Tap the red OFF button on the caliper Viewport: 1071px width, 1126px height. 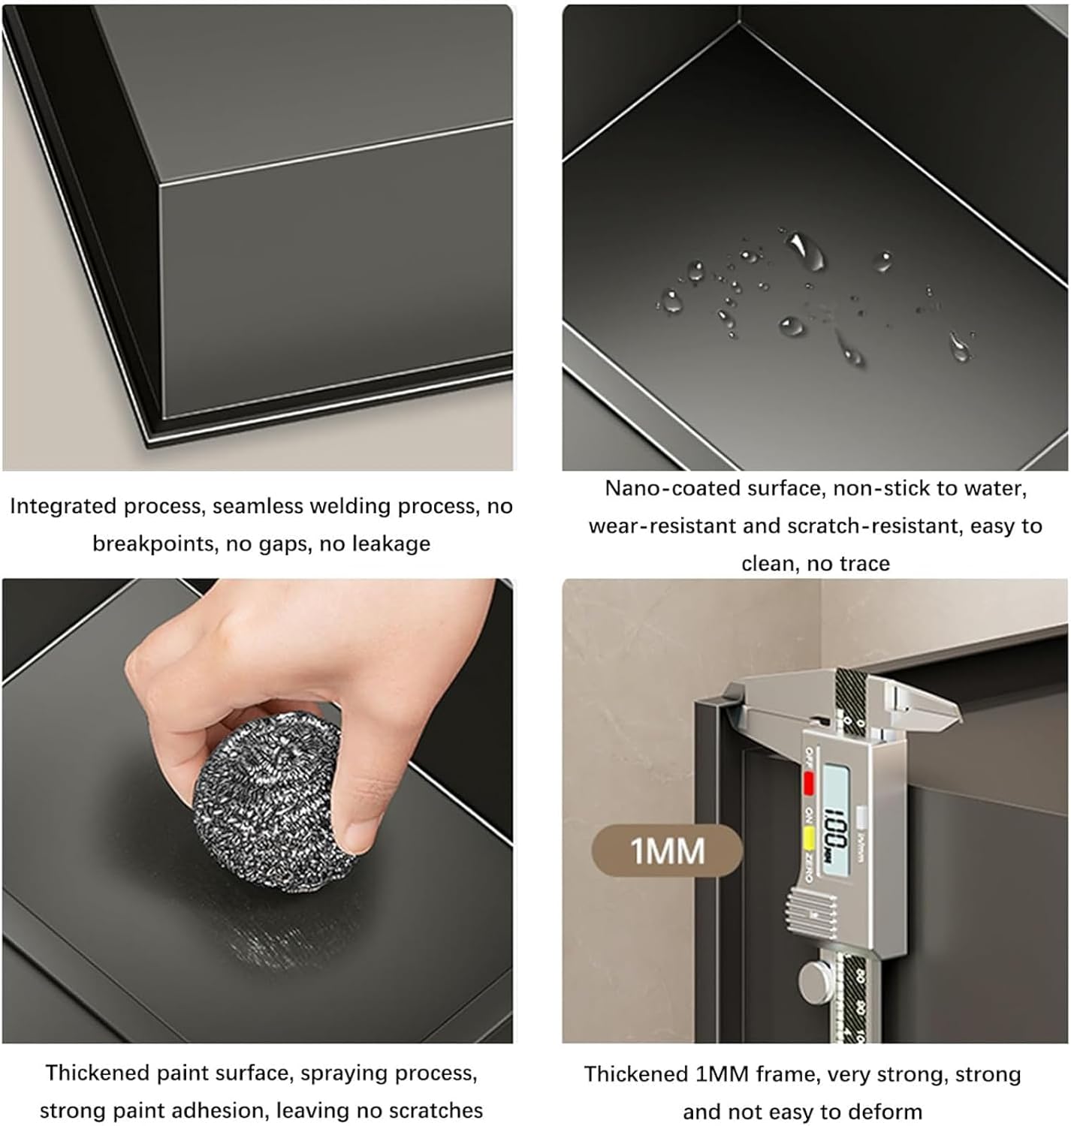coord(809,783)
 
